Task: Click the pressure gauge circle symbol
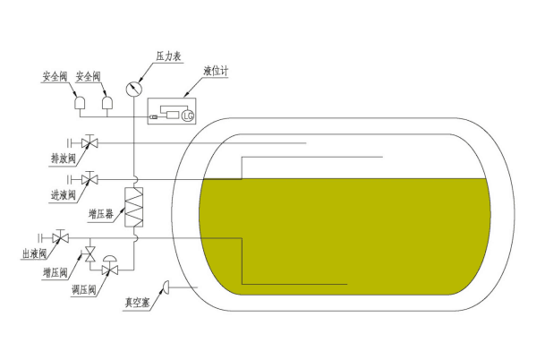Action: [x=134, y=89]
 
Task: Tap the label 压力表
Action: [x=169, y=56]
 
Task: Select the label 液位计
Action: [x=216, y=71]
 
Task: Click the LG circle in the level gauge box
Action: [x=188, y=116]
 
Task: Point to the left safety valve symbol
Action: [x=81, y=103]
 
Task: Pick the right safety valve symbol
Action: [x=107, y=103]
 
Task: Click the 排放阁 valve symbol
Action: [x=89, y=141]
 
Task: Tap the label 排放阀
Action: [x=64, y=159]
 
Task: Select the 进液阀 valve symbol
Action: [x=89, y=179]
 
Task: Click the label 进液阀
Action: [x=64, y=195]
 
